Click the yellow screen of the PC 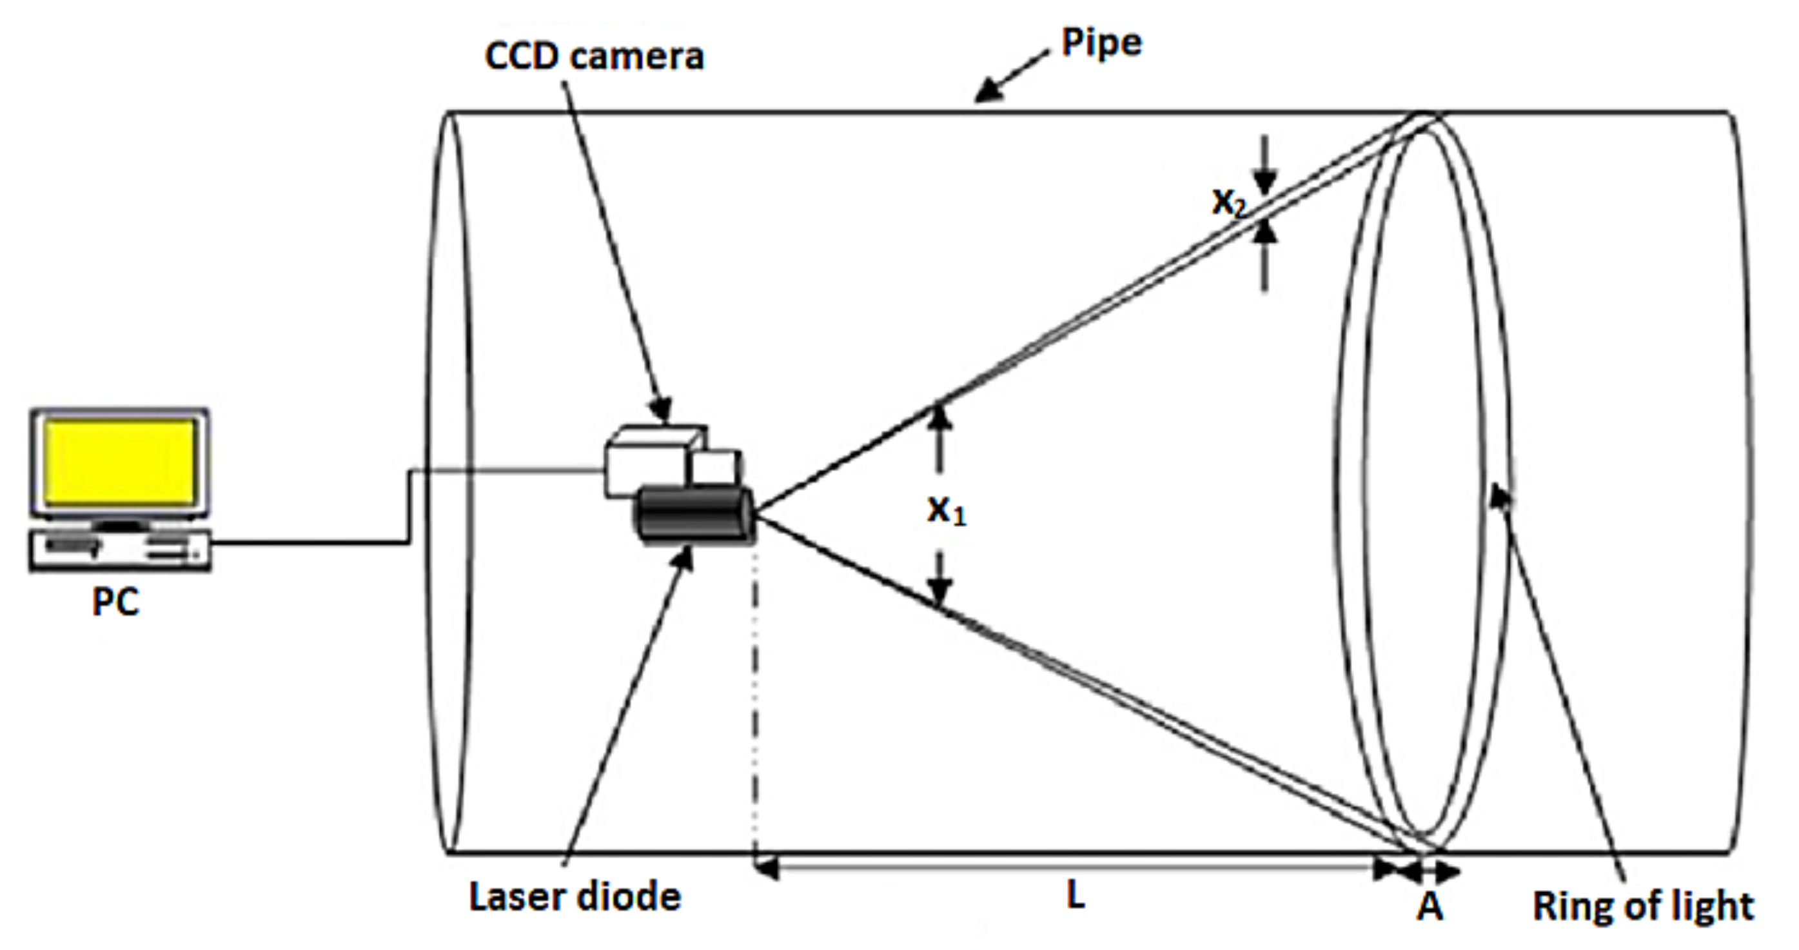[120, 462]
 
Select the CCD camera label [595, 56]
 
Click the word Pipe [1101, 43]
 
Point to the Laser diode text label [575, 897]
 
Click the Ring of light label [1642, 907]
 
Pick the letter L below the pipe [1076, 896]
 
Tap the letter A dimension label [1430, 907]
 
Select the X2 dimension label [1228, 203]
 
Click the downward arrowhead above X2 [1264, 183]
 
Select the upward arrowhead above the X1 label [941, 418]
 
